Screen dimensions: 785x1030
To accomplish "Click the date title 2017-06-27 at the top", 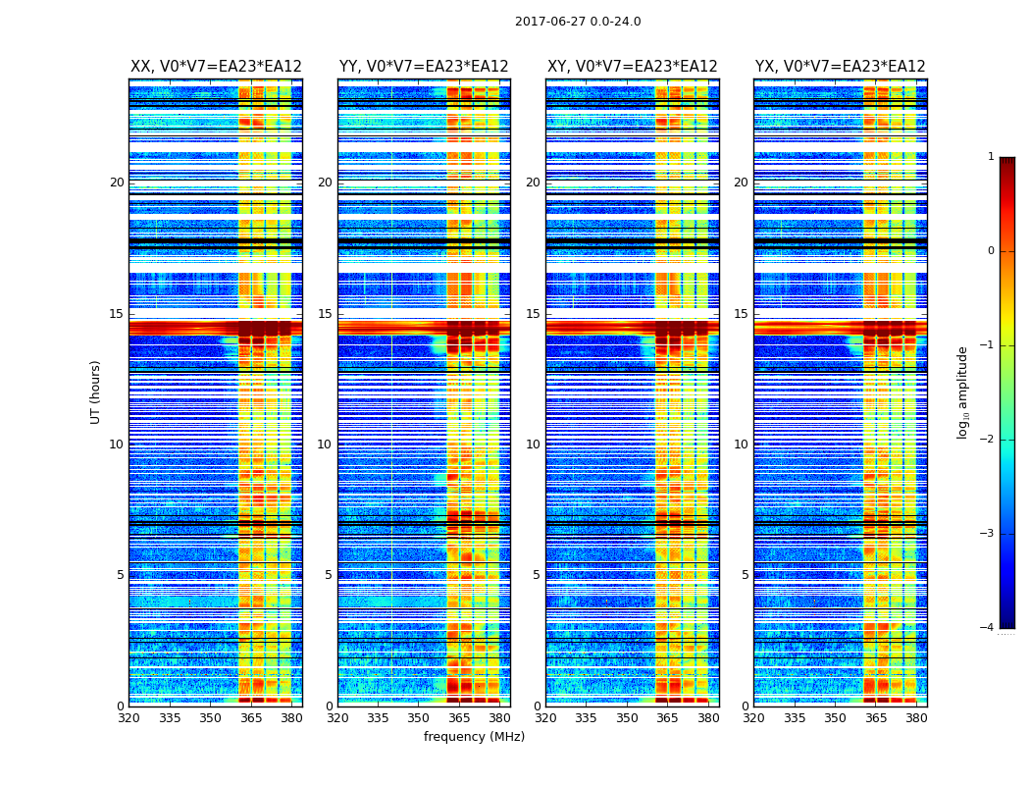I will click(578, 22).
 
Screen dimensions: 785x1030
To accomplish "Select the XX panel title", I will click(216, 67).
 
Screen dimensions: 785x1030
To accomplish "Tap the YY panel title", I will click(424, 67).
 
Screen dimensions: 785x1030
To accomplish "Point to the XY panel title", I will click(633, 67).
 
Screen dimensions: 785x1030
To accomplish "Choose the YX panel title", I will click(841, 67).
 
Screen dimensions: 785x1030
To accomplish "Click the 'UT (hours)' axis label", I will click(96, 392).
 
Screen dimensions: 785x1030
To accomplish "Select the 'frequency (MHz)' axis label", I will click(474, 737).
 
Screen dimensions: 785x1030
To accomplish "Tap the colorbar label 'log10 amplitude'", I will click(963, 392).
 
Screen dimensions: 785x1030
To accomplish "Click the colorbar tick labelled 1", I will click(990, 157).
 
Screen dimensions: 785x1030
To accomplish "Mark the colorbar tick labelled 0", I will click(990, 251).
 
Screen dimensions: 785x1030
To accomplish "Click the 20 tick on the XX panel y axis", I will click(117, 183).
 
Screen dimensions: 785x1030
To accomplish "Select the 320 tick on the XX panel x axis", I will click(129, 718).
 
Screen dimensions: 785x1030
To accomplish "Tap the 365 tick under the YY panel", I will click(459, 718).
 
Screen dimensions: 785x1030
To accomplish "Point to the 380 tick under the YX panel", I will click(916, 718).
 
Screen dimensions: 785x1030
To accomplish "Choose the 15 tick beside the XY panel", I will click(533, 314).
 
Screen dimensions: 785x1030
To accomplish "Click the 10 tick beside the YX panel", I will click(741, 445).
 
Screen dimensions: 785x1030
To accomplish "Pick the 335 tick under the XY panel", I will click(586, 718).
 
